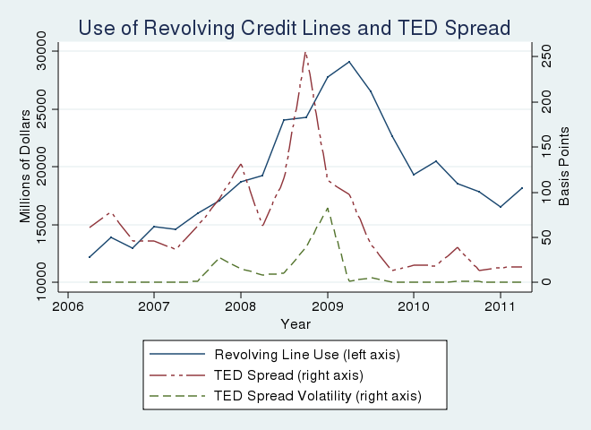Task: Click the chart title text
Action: click(295, 28)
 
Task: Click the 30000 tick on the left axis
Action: click(41, 51)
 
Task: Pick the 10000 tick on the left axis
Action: click(41, 282)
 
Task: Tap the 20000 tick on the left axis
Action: click(41, 167)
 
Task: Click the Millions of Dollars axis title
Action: click(25, 167)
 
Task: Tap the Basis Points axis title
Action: click(564, 167)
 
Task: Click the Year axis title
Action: click(295, 323)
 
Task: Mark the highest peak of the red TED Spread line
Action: click(305, 52)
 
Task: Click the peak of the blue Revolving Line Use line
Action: click(349, 62)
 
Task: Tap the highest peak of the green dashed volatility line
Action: click(328, 208)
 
